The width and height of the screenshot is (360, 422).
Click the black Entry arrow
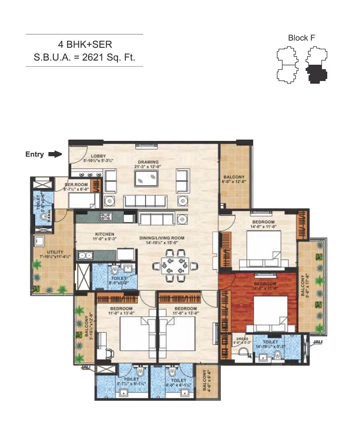click(54, 154)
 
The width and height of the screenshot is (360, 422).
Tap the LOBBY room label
click(98, 156)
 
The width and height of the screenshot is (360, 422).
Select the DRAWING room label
click(148, 162)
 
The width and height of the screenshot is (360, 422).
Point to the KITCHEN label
click(104, 234)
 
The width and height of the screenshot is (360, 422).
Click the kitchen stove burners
click(106, 217)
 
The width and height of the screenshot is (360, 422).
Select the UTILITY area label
click(52, 252)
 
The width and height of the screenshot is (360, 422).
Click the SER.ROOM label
click(74, 185)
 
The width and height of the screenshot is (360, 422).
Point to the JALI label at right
click(317, 342)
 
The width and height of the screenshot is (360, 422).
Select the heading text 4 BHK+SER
click(84, 44)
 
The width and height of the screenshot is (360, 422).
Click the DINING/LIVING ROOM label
click(162, 238)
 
